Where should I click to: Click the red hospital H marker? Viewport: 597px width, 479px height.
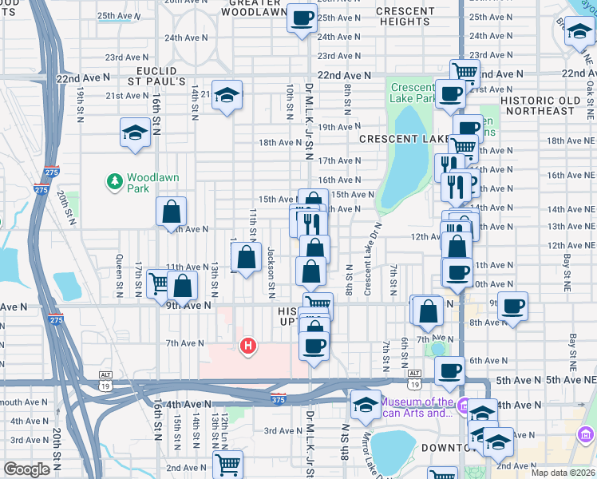[x=248, y=346]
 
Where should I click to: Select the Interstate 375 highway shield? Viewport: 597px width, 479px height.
[x=277, y=398]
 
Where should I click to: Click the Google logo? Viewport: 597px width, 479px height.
[x=26, y=470]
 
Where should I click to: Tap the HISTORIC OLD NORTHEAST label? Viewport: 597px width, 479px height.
[x=548, y=105]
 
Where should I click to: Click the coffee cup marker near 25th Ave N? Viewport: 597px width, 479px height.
[x=302, y=17]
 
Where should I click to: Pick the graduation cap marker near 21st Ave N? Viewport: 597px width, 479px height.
[x=227, y=96]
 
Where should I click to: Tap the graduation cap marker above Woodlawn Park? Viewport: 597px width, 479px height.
[x=135, y=133]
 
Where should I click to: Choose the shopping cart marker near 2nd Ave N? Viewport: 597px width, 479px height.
[x=228, y=464]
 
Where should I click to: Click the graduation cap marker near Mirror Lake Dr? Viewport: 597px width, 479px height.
[x=366, y=405]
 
